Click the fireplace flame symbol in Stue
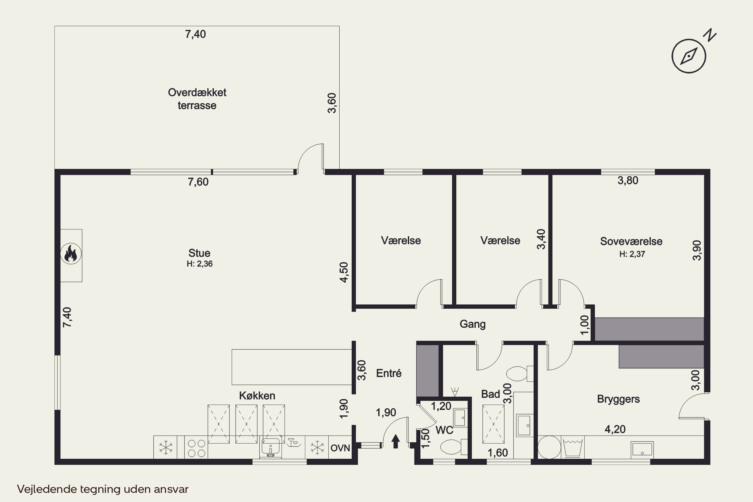click(71, 254)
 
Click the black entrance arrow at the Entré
click(396, 441)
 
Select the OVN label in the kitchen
click(340, 448)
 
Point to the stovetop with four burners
click(196, 448)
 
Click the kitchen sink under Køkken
click(271, 447)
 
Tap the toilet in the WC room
click(454, 447)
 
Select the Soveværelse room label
click(631, 241)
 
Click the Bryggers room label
click(618, 399)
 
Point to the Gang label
click(473, 324)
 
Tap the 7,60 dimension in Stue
click(198, 182)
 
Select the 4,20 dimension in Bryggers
click(615, 429)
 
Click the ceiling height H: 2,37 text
click(632, 254)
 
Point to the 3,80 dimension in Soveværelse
click(628, 180)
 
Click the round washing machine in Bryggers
click(549, 447)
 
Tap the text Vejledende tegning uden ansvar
click(103, 489)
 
